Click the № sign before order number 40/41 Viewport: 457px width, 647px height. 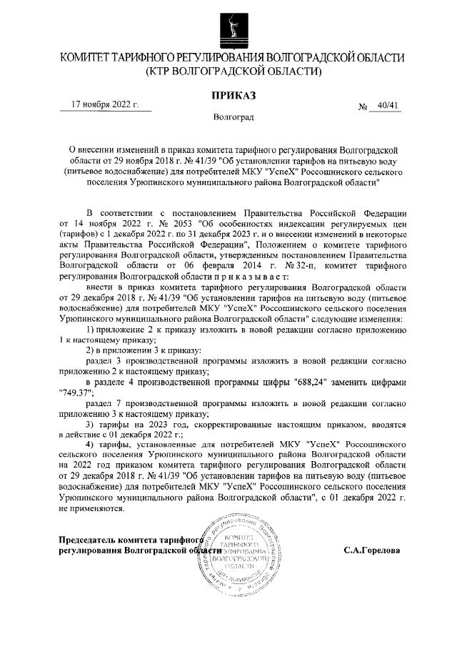(x=363, y=107)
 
